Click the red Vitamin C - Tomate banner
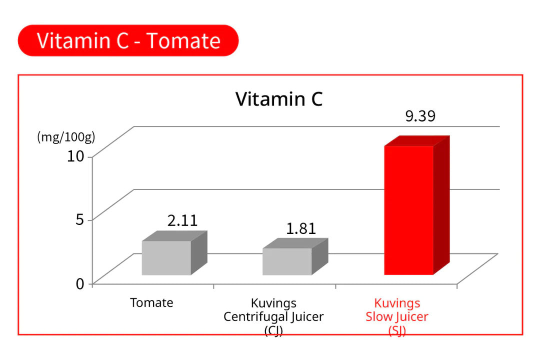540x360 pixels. tap(128, 40)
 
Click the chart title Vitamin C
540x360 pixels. tap(279, 99)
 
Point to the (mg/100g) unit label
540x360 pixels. tap(66, 137)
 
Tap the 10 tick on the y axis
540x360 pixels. tap(77, 156)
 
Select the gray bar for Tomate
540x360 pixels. tap(166, 258)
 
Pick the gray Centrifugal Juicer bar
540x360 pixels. tap(287, 261)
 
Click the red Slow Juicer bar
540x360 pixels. tap(408, 210)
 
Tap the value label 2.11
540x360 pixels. tap(182, 221)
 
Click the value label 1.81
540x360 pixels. tap(301, 228)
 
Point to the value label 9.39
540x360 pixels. tap(420, 116)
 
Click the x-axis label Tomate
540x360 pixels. tap(151, 302)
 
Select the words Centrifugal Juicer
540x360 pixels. tap(273, 316)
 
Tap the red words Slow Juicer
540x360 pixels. tap(397, 316)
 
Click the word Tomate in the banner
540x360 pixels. tap(183, 40)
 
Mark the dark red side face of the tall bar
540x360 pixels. tap(441, 205)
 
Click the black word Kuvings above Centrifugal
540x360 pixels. tap(273, 303)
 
